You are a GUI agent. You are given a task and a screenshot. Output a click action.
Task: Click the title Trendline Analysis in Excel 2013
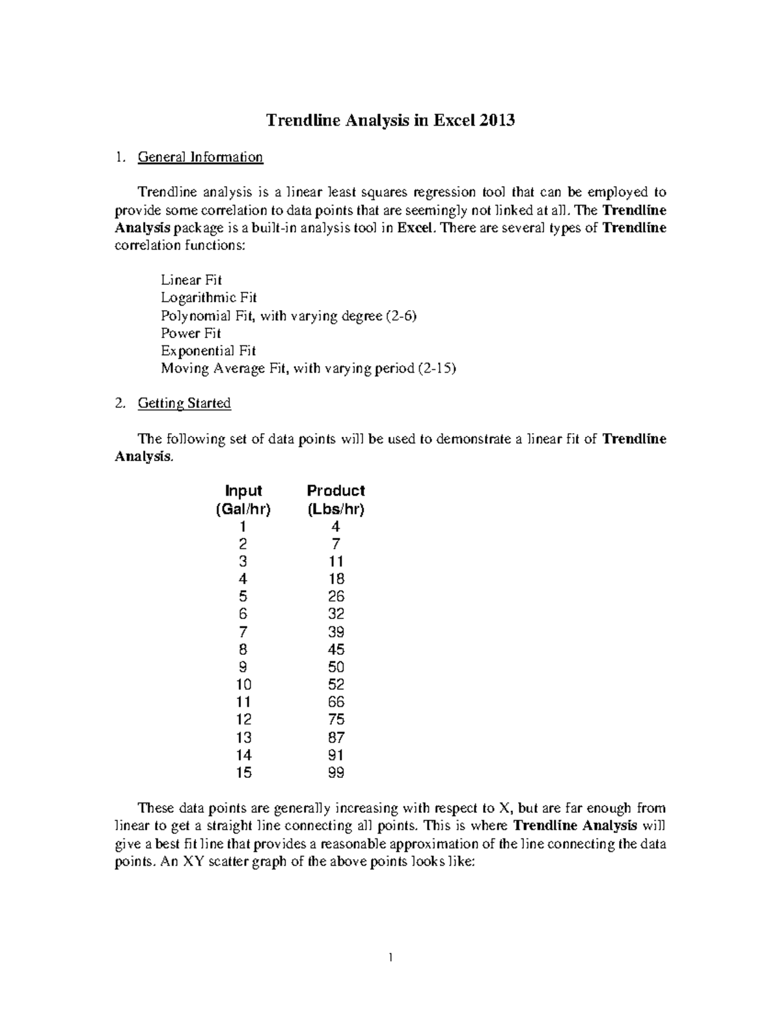[390, 120]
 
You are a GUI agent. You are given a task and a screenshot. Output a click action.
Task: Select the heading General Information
[200, 157]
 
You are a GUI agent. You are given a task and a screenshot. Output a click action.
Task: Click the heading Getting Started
[184, 403]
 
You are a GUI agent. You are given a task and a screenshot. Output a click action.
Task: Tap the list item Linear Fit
[191, 280]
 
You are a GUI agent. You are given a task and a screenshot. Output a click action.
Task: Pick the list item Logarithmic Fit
[209, 298]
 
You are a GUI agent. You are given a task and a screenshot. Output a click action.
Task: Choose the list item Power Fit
[191, 333]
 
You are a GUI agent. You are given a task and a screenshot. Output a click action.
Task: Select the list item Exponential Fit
[208, 351]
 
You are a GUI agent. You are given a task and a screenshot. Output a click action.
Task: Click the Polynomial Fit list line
[288, 315]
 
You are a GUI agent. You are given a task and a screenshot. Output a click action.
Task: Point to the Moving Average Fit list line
[308, 368]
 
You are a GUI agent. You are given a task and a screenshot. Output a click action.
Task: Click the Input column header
[243, 490]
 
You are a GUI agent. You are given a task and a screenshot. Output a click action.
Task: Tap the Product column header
[336, 490]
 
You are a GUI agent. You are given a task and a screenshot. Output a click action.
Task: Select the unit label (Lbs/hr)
[336, 509]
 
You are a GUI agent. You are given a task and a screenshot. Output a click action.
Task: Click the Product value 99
[336, 773]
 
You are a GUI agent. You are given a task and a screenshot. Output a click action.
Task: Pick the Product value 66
[336, 702]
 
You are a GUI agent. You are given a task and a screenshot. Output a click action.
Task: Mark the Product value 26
[336, 596]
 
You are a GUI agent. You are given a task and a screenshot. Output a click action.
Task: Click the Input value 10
[243, 684]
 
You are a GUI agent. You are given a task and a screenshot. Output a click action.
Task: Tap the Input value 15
[243, 773]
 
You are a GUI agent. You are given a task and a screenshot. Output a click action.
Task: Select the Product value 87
[336, 738]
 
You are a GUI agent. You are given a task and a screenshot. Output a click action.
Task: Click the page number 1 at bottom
[390, 957]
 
